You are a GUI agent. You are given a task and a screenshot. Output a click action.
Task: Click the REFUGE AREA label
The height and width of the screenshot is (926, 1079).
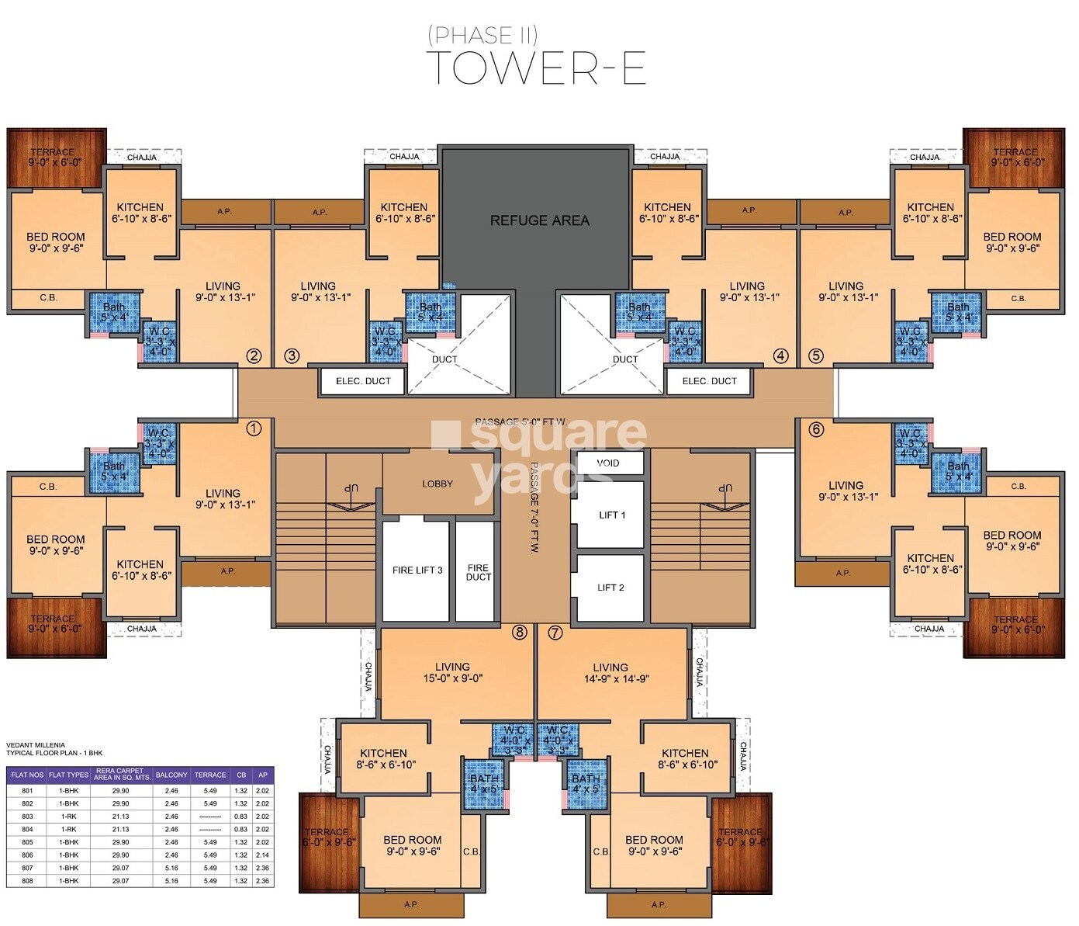tap(539, 220)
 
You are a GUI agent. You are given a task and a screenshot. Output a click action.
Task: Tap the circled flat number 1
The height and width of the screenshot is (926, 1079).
tap(254, 428)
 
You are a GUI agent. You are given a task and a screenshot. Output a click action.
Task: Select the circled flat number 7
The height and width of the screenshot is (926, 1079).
tap(555, 633)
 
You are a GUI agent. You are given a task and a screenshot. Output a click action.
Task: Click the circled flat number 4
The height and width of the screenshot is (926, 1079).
tap(780, 355)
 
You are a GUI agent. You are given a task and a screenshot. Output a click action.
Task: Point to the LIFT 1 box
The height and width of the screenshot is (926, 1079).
tap(611, 515)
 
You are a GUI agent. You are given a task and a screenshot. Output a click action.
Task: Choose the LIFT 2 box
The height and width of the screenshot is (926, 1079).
tap(610, 588)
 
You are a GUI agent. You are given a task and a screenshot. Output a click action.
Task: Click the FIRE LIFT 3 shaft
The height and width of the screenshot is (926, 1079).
tap(417, 571)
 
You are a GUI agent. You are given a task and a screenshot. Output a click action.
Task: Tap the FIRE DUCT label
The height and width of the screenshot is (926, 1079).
tap(478, 573)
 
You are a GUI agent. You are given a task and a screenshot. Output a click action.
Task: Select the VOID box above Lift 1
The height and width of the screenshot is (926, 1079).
tap(609, 463)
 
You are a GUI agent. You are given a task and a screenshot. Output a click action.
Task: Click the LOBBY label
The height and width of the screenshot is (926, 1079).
tap(437, 484)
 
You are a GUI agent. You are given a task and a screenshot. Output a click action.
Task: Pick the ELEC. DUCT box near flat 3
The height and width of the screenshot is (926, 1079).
tap(362, 381)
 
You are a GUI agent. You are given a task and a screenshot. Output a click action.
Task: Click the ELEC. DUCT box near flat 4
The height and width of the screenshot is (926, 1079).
tap(709, 381)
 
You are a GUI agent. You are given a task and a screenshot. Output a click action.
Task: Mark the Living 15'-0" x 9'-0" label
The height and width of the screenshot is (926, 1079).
tap(452, 672)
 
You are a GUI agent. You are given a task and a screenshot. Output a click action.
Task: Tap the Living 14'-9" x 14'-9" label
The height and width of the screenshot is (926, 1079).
tap(610, 672)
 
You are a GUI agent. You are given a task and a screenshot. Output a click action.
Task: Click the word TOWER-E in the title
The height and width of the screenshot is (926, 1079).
tap(536, 68)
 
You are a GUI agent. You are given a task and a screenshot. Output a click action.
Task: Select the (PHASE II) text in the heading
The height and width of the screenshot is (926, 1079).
tap(482, 34)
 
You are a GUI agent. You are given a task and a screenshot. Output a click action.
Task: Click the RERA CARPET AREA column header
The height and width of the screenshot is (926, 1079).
tap(122, 775)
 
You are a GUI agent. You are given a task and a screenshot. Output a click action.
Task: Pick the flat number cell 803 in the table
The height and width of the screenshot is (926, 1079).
tap(27, 817)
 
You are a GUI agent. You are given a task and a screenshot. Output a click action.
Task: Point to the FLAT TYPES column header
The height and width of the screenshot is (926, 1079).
tap(68, 775)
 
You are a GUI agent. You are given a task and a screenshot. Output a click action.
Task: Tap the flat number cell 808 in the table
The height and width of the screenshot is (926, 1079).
tap(27, 881)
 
